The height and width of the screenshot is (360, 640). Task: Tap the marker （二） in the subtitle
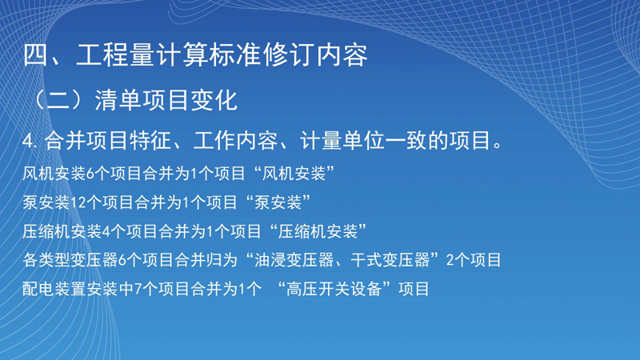[59, 100]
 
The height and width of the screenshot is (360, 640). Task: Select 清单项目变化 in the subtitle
[166, 100]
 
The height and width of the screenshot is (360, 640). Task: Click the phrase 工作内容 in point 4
[235, 141]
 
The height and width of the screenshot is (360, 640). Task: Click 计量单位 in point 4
[342, 141]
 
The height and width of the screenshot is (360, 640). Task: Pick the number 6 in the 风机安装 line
[90, 174]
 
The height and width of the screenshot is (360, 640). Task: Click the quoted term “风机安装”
[294, 174]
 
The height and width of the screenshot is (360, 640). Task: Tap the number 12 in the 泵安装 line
[78, 202]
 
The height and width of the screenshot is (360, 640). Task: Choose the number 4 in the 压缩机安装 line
[106, 232]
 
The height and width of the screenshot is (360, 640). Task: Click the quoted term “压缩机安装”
[318, 231]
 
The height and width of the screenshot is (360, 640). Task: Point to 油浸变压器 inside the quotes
[294, 260]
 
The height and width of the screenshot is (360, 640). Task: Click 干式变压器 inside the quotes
[390, 260]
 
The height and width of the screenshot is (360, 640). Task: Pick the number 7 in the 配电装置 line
[138, 290]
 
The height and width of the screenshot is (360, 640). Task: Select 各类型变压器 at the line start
[70, 260]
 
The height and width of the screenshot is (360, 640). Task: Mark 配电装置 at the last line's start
[54, 289]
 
